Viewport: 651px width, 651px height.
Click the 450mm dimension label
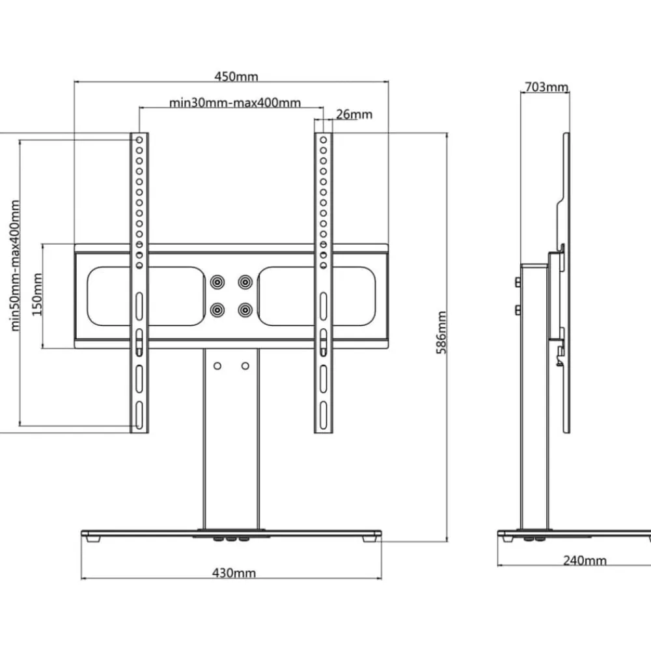tap(236, 76)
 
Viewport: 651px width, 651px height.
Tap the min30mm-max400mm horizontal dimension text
tap(235, 103)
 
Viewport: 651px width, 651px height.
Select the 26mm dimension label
tap(354, 114)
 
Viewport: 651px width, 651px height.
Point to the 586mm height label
tap(441, 333)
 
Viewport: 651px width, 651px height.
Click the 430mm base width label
tap(234, 573)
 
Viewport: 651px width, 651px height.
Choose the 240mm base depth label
tap(585, 561)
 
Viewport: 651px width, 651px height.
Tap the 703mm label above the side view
tap(546, 87)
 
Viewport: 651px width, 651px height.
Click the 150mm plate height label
tap(37, 294)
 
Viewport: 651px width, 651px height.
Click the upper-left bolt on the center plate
tap(217, 283)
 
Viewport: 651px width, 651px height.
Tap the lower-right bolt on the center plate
tap(245, 310)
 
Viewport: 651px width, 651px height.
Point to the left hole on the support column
tap(217, 366)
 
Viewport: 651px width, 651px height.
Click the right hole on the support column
tap(245, 366)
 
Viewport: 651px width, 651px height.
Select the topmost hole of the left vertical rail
tap(139, 140)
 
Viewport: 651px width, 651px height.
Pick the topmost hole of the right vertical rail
tap(323, 140)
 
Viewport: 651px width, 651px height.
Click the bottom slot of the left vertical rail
tap(139, 415)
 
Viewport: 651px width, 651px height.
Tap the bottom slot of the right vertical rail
tap(323, 415)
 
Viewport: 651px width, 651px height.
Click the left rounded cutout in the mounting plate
tap(89, 296)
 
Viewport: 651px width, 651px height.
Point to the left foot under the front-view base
tap(93, 539)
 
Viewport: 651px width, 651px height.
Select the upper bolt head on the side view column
tap(518, 283)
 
